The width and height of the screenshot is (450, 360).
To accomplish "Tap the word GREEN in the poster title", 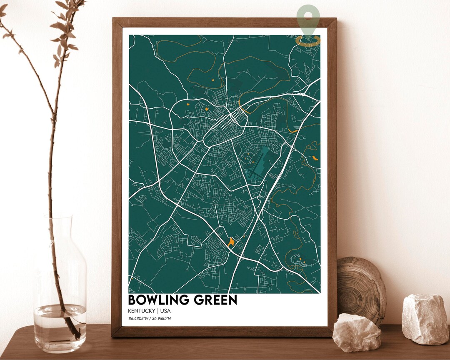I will click(x=215, y=300).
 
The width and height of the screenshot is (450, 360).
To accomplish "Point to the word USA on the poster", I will click(x=165, y=311).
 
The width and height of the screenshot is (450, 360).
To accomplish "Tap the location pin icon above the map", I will click(x=308, y=17).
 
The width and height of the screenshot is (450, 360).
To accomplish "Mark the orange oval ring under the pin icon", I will click(x=307, y=40).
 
